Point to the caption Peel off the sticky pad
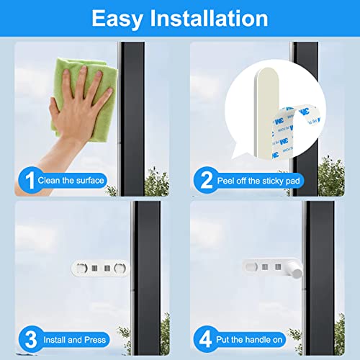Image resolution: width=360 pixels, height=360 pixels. click(260, 180)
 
